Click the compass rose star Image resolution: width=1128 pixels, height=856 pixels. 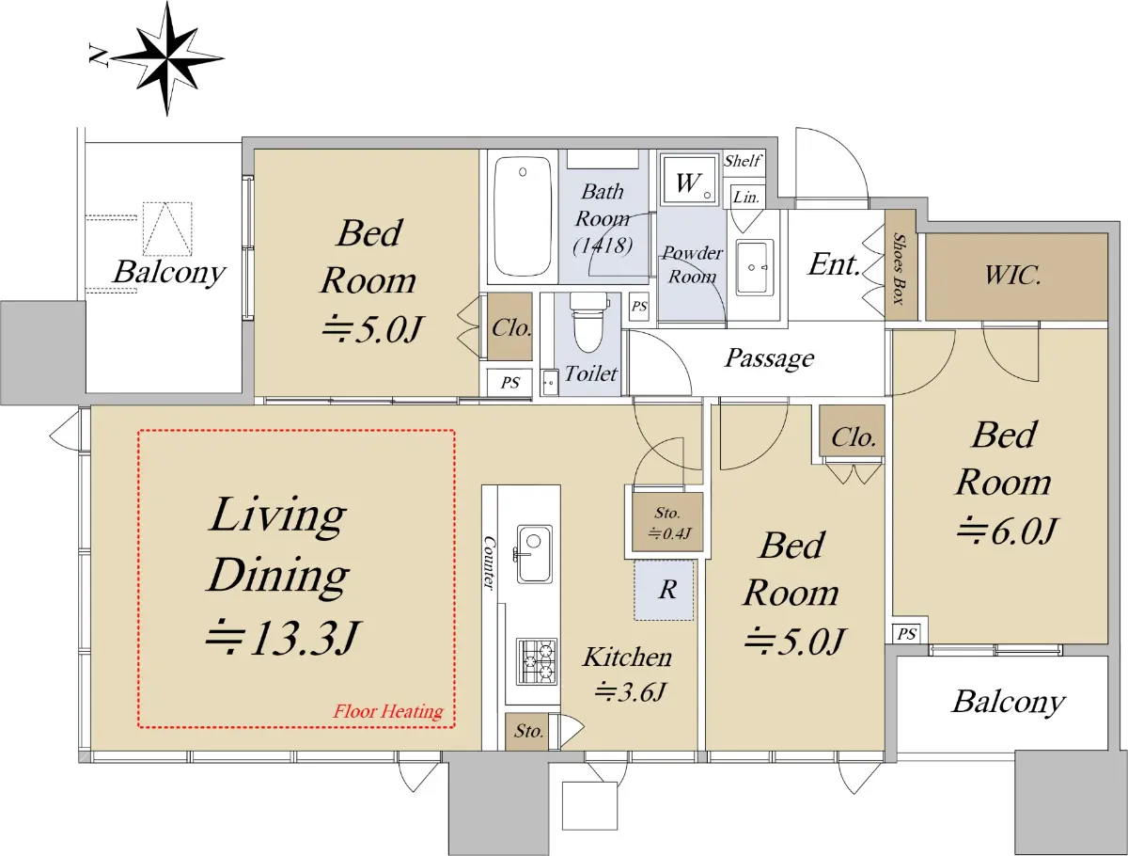coord(167,57)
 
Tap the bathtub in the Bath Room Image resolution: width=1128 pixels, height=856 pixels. coord(523,216)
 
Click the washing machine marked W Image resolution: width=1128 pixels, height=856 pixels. coord(690,181)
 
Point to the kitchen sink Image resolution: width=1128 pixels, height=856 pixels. coord(535,554)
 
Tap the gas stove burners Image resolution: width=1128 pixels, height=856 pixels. coord(537,661)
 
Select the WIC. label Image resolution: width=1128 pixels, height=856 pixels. coord(1013,276)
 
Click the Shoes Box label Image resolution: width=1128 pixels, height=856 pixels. coord(900,268)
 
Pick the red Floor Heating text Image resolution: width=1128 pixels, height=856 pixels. coord(388,711)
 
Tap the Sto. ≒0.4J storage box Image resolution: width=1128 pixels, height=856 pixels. coord(668,523)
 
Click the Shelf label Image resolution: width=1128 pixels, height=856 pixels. coord(742,161)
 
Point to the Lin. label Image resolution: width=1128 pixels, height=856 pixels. coord(746,197)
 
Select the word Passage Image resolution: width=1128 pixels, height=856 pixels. coord(769,358)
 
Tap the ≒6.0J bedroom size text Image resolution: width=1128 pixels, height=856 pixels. coord(1007,531)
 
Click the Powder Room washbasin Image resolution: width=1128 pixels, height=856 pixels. coord(755,267)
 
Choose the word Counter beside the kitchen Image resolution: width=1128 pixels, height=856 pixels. coord(490,563)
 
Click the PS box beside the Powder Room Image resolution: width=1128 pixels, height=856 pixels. coord(639,307)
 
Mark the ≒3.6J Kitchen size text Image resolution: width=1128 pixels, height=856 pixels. coord(630,692)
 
